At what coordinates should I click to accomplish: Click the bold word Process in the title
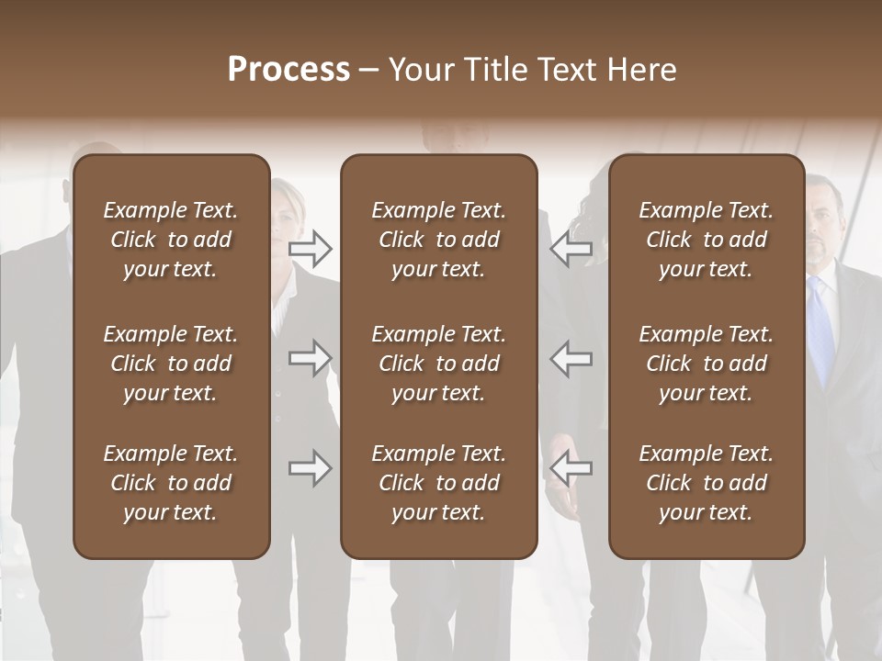[288, 70]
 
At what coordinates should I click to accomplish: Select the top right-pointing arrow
[311, 248]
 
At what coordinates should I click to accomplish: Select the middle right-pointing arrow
[311, 358]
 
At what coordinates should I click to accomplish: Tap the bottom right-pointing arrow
[311, 468]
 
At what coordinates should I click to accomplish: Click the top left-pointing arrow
[571, 248]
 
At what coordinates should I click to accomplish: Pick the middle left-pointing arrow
[571, 358]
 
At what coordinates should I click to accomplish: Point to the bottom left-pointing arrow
[571, 468]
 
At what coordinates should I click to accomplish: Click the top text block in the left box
[170, 240]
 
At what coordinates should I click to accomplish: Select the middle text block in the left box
[170, 364]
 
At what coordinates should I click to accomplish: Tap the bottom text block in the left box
[170, 483]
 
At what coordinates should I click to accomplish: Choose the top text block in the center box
[438, 240]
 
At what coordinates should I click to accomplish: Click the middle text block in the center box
[438, 364]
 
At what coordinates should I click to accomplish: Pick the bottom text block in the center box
[438, 483]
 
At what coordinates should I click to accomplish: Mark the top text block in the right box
[706, 240]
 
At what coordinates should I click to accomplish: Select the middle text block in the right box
[706, 364]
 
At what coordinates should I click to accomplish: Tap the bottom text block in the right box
[706, 483]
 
